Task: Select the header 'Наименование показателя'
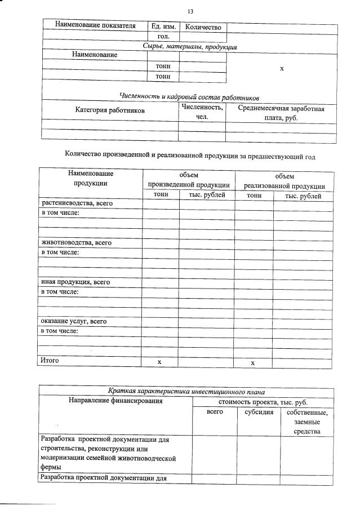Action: (95, 26)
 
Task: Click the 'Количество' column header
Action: (203, 27)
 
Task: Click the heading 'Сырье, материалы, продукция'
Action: (190, 47)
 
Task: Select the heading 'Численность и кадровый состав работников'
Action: (189, 97)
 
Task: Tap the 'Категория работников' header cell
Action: (110, 111)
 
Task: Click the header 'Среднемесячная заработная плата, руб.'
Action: (281, 113)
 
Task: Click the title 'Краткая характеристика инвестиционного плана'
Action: (186, 391)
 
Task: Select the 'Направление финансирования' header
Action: (115, 401)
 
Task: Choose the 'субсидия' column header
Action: (259, 413)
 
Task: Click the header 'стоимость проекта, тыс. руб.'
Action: (263, 402)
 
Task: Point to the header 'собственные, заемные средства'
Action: (306, 422)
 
